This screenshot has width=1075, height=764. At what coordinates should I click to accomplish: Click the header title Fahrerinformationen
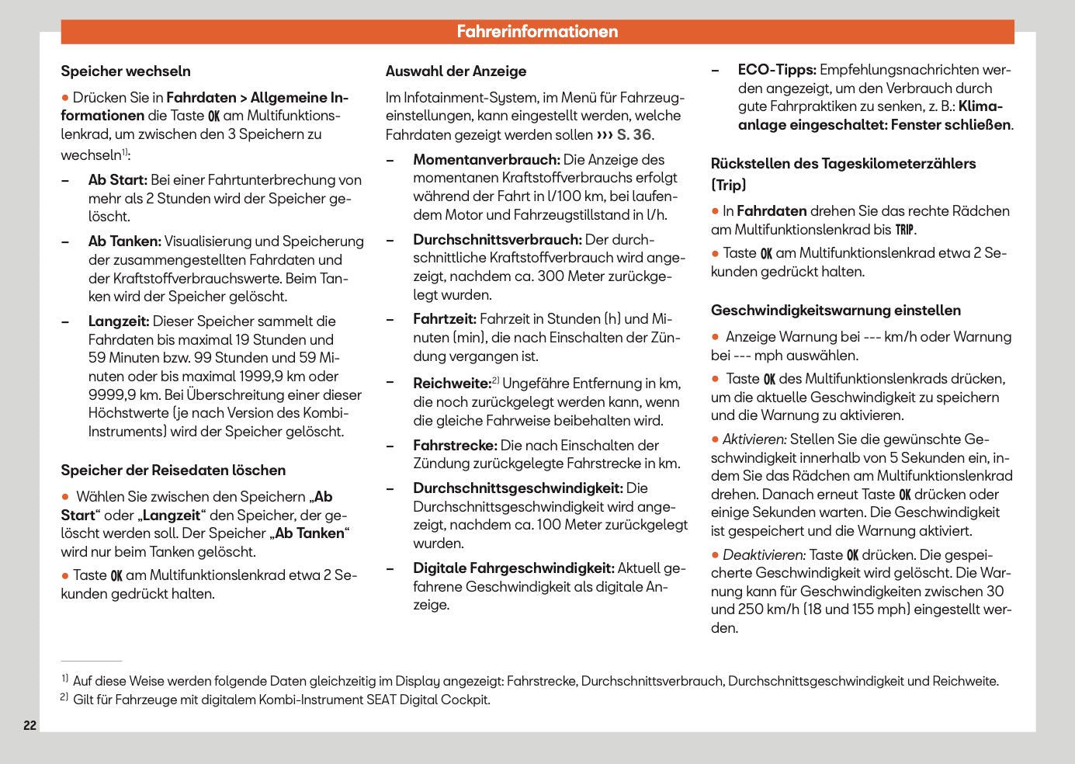click(x=537, y=32)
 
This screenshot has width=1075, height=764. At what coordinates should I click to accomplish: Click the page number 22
click(x=29, y=725)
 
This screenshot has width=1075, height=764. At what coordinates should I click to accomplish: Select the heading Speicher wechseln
click(x=126, y=71)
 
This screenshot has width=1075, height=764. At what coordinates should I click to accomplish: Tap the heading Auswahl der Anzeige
click(x=456, y=71)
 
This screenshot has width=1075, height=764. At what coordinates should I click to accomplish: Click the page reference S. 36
click(x=634, y=134)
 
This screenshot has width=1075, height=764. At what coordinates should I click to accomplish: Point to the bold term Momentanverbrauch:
click(x=486, y=160)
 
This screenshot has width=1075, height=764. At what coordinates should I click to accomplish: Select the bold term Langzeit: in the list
click(x=119, y=321)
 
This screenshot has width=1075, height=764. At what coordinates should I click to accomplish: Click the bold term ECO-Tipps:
click(x=777, y=70)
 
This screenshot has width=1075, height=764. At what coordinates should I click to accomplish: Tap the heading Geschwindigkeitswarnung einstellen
click(x=835, y=311)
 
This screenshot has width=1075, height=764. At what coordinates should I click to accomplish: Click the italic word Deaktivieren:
click(x=764, y=555)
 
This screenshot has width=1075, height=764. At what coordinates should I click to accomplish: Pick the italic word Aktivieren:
click(x=754, y=439)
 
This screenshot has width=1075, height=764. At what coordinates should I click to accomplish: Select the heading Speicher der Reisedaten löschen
click(x=173, y=471)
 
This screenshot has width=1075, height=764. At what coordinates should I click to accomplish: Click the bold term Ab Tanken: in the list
click(x=124, y=241)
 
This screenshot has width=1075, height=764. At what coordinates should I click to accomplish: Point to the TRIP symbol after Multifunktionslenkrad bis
click(x=904, y=230)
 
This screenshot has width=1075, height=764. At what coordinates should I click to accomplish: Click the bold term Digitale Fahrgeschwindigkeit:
click(x=513, y=568)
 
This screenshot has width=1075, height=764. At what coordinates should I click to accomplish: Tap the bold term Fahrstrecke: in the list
click(x=455, y=446)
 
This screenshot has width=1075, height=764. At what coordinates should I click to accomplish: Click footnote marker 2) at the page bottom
click(x=64, y=698)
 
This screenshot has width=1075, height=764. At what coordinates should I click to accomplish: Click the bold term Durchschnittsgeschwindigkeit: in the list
click(x=518, y=488)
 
